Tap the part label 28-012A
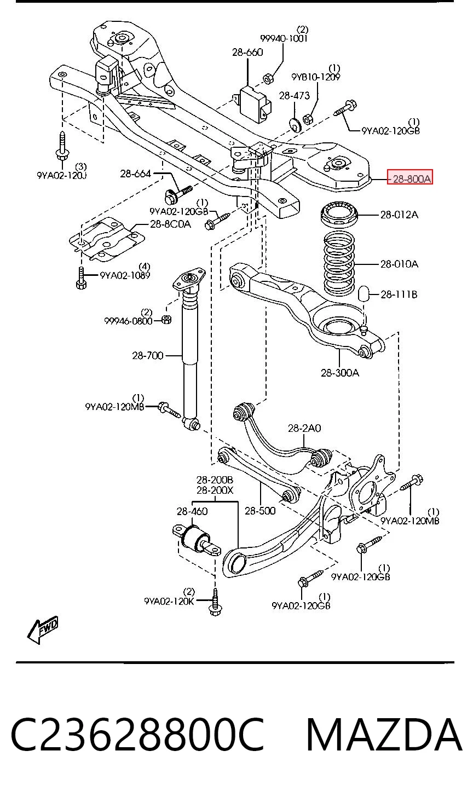point(399,215)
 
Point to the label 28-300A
point(340,373)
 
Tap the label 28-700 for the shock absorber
point(148,355)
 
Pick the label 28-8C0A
point(170,224)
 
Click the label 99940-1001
point(284,38)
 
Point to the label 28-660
point(247,53)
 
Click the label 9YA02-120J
point(62,175)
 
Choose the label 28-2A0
point(304,428)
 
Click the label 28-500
point(260,511)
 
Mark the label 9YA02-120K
point(169,601)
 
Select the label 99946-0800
point(128,321)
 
